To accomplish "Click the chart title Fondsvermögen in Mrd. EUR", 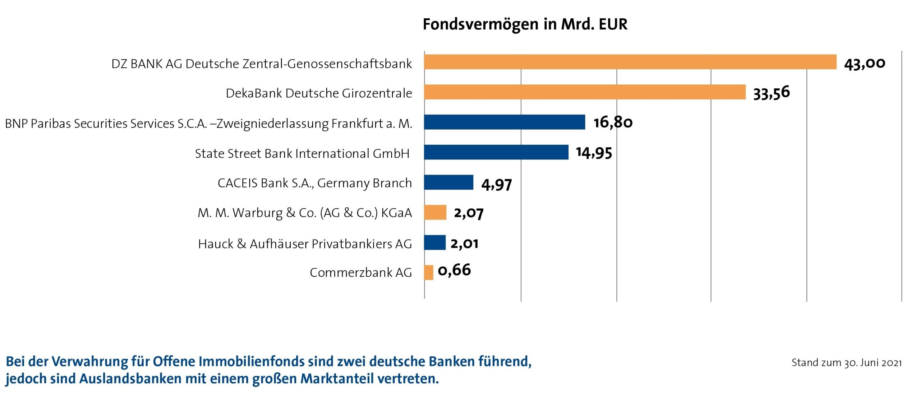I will click(x=525, y=24).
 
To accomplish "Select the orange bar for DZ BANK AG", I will click(x=630, y=62).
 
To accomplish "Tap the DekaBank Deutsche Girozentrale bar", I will click(x=585, y=92).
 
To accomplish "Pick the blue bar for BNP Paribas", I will click(x=504, y=122).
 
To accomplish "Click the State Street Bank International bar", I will click(x=496, y=152).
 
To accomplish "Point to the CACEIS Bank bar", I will click(x=448, y=182).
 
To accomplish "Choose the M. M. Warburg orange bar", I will click(x=435, y=213).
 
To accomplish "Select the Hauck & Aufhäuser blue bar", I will click(x=434, y=242).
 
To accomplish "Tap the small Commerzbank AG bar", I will click(x=429, y=273).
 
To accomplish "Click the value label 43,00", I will click(x=864, y=64).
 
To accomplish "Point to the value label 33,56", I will click(x=771, y=93).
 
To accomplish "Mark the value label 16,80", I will click(x=613, y=122).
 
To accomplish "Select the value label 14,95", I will click(x=594, y=153).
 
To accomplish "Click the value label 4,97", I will click(x=496, y=184).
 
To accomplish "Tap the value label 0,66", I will click(x=454, y=270).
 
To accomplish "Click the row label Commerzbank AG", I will click(x=360, y=273).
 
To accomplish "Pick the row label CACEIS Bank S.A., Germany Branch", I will click(x=314, y=183).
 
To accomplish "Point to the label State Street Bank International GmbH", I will click(x=302, y=154).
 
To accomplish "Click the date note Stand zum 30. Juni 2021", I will click(x=846, y=363).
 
